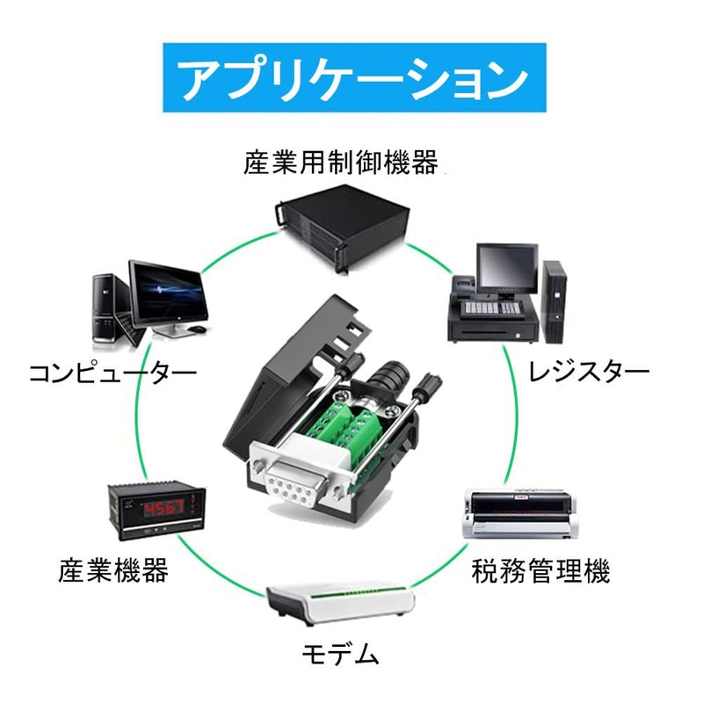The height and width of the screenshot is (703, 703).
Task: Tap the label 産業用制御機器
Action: (341, 163)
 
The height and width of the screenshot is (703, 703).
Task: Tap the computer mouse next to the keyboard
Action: (199, 330)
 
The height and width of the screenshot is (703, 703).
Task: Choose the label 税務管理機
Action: (541, 572)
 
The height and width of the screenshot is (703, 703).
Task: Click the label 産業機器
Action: (113, 571)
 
